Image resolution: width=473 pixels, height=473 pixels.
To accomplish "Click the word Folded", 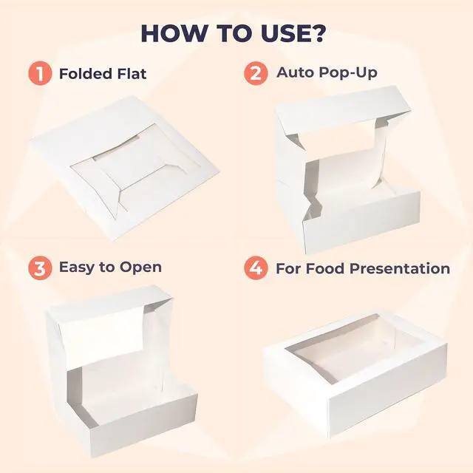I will point(86,74).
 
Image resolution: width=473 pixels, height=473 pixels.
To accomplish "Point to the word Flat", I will point(132,74).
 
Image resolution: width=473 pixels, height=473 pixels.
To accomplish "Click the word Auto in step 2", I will point(294,72).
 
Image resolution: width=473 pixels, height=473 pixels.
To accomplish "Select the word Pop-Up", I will point(347,73).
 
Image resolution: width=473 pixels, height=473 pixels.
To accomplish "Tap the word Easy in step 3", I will point(78,268).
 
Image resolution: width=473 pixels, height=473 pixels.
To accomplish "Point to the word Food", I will point(321,268).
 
